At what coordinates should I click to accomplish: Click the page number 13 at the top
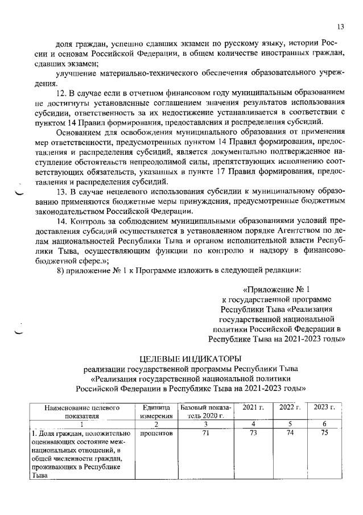pos(340,26)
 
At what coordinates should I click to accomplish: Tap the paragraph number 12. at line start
pos(63,93)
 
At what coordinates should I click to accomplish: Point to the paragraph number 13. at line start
pos(63,191)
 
